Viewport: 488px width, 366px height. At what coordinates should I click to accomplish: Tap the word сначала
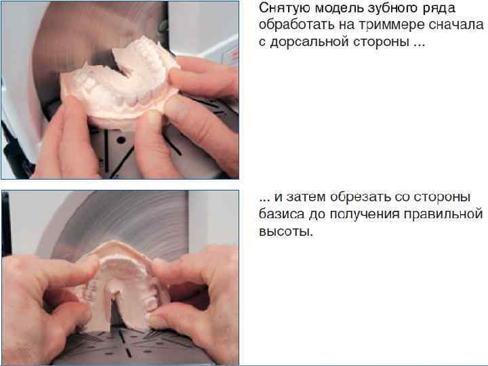[456, 25]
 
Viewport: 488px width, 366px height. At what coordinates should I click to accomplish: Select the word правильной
[443, 215]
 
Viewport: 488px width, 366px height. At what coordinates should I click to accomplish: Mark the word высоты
[286, 232]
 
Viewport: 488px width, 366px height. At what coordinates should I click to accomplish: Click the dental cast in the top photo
[120, 84]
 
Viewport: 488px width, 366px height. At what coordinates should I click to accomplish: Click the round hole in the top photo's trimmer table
[121, 140]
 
